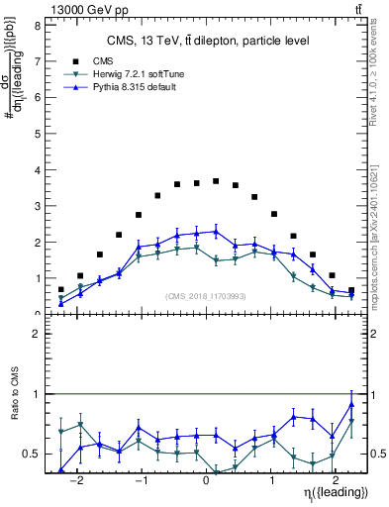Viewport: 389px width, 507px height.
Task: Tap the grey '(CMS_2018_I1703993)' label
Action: [x=206, y=295]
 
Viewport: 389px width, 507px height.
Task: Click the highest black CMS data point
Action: [x=216, y=181]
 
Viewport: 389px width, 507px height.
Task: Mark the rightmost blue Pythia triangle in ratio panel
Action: [x=351, y=405]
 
